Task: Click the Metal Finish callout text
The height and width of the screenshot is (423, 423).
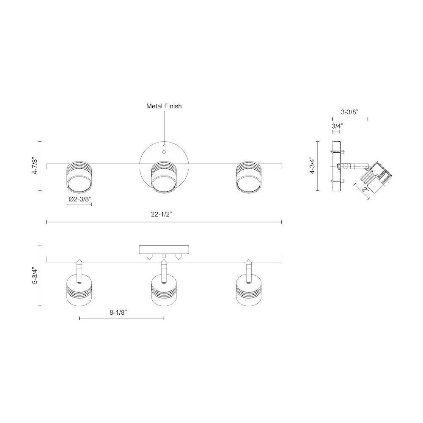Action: coord(164,106)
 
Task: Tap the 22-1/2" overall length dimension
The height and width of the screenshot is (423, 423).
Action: coord(162,214)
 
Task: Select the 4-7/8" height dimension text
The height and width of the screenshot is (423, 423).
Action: coord(35,166)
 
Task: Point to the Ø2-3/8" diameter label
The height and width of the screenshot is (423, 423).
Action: coord(80,199)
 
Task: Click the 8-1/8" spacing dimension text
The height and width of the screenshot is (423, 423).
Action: coord(118,313)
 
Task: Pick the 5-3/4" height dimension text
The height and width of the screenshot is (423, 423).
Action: coord(35,276)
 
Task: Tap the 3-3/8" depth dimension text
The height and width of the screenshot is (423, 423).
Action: coord(349,112)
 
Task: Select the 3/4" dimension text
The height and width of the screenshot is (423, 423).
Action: coord(337,126)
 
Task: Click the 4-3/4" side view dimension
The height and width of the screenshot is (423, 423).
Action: coord(312,165)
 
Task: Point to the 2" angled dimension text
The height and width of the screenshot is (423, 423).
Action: coord(366,190)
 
